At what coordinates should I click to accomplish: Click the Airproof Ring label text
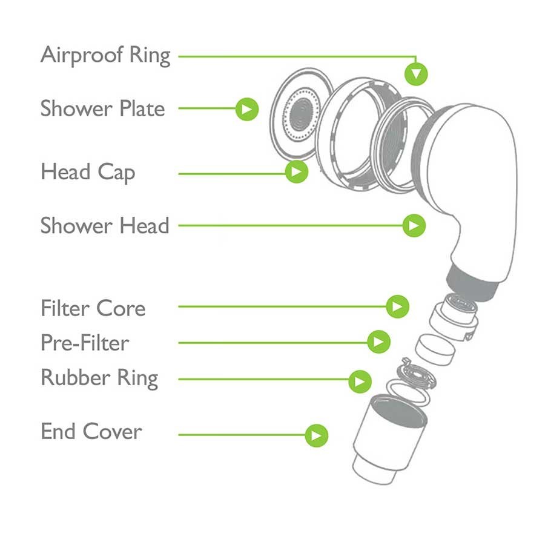tap(105, 56)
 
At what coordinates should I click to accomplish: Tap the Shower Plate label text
tap(102, 108)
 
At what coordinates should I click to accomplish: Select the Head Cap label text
tap(88, 173)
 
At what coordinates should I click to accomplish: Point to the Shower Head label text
tap(105, 226)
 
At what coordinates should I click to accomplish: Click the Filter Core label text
tap(93, 308)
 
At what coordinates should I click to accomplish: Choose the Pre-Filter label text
tap(85, 343)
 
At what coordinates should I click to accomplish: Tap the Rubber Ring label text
tap(99, 378)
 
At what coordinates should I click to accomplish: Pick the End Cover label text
tap(91, 431)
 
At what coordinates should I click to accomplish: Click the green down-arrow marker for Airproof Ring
tap(416, 74)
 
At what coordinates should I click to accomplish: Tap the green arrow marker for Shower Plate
tap(247, 109)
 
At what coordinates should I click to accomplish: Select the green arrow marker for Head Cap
tap(297, 171)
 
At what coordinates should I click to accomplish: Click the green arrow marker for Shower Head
tap(414, 226)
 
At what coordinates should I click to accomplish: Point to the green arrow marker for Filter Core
tap(397, 306)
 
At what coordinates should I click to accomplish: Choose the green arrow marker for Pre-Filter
tap(379, 342)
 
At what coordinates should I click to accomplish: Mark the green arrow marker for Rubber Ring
tap(360, 381)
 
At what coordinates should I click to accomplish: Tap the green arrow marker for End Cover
tap(316, 435)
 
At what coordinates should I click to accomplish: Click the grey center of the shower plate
tap(301, 114)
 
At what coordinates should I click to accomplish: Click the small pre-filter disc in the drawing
tap(435, 349)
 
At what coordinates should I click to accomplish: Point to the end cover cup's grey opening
tap(398, 411)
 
